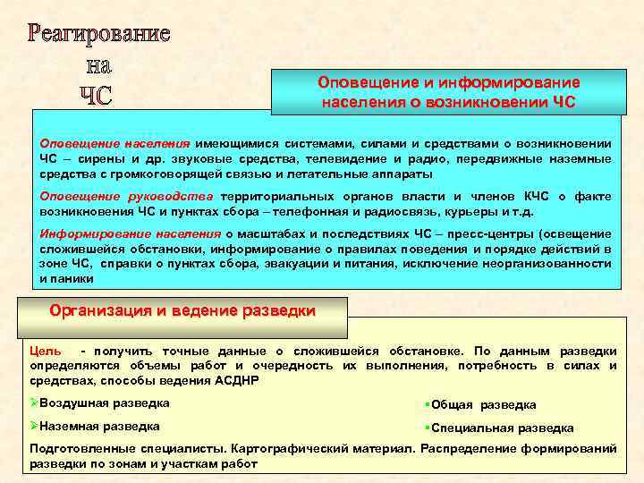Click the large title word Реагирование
point(98,35)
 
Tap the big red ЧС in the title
point(92,95)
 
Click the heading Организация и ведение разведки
point(182,311)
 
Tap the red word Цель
point(46,351)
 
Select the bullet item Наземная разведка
point(99,427)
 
